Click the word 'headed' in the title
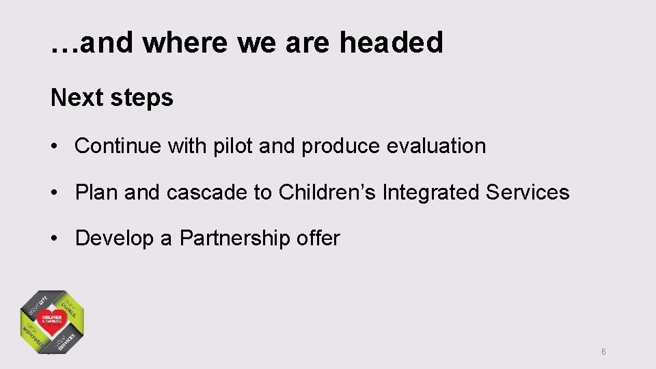pos(392,42)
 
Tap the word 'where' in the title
pos(187,42)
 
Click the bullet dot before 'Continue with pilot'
pos(55,146)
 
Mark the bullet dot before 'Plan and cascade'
pos(55,193)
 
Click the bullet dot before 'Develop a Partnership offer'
pos(55,238)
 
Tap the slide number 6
pos(603,352)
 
